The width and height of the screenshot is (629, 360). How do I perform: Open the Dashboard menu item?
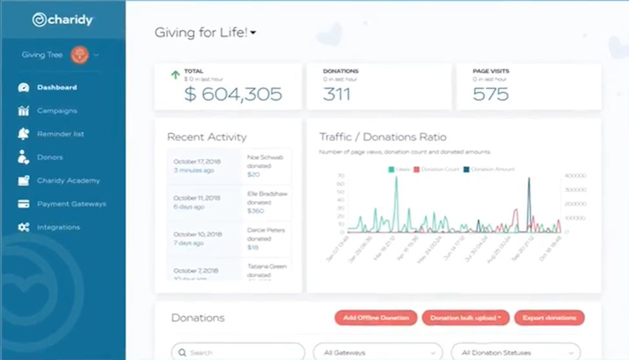click(x=57, y=87)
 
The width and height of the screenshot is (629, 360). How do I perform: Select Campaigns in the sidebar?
click(x=57, y=111)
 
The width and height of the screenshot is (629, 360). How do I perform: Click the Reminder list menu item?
click(x=60, y=134)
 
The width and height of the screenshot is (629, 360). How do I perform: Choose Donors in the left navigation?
click(x=49, y=157)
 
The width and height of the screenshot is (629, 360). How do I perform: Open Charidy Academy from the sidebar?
click(x=68, y=180)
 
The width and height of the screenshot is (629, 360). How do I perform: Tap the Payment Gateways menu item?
click(x=71, y=203)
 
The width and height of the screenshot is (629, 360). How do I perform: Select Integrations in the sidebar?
click(x=59, y=227)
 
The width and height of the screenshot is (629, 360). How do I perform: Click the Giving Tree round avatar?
click(x=81, y=54)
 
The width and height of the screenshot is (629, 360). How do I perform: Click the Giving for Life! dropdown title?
click(x=205, y=33)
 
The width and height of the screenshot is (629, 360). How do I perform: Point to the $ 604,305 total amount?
click(x=232, y=94)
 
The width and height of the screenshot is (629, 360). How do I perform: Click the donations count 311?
click(x=336, y=94)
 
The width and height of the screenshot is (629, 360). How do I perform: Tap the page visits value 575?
click(x=491, y=94)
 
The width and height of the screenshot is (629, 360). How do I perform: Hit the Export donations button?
click(x=549, y=318)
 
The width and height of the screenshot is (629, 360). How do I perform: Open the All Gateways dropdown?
click(x=377, y=352)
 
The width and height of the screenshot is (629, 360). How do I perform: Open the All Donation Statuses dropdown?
click(x=514, y=352)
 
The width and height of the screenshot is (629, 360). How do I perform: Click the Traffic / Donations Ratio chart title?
click(x=382, y=136)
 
